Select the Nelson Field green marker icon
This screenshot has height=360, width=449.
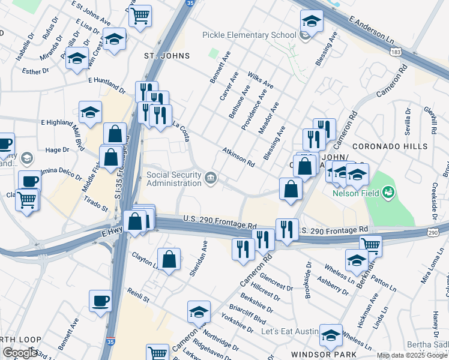[388, 192]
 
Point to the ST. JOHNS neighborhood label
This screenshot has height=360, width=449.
[167, 56]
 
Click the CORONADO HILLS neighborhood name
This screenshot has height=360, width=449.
[390, 146]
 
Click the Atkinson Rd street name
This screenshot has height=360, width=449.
[238, 157]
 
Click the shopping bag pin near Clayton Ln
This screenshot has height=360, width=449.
[170, 259]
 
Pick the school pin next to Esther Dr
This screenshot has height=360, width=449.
[77, 59]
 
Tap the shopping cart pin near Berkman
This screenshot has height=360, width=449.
[370, 244]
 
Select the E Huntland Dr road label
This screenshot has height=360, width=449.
[106, 85]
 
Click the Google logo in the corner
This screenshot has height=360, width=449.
[20, 353]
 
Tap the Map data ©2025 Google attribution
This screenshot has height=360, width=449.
[412, 355]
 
